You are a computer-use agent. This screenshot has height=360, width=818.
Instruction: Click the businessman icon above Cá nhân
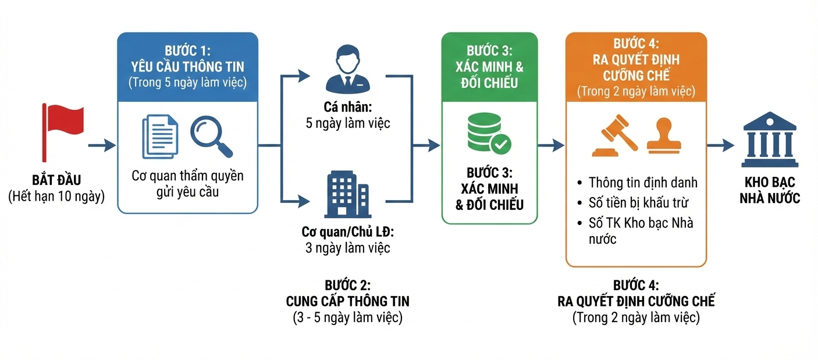tap(347, 70)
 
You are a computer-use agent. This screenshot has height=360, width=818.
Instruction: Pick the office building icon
tap(347, 195)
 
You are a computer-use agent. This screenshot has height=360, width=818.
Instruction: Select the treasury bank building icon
tap(769, 140)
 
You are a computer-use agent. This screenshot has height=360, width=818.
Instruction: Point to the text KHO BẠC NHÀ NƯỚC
tap(769, 190)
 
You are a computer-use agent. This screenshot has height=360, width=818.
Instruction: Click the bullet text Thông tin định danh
tap(642, 183)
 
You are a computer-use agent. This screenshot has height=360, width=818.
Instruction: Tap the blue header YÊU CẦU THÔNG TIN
tap(187, 66)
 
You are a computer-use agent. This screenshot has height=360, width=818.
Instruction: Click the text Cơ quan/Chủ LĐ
tap(347, 232)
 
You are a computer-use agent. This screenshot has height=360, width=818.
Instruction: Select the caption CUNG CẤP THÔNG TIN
tap(347, 301)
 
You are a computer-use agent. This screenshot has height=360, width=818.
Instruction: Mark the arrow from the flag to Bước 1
tap(102, 145)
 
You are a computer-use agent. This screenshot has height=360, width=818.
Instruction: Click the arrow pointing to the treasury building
tap(720, 145)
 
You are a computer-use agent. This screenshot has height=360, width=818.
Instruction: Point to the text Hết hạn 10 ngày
tap(56, 197)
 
